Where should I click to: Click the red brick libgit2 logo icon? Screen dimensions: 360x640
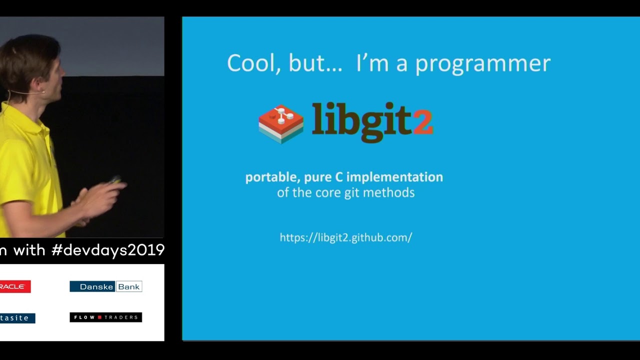[x=281, y=123]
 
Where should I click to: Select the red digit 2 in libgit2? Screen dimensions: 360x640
[x=423, y=122]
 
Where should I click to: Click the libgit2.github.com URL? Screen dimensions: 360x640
[x=346, y=237]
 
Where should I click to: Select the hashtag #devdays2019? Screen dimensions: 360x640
[x=108, y=250]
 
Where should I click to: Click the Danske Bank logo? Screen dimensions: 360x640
[x=105, y=286]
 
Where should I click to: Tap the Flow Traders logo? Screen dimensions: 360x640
[x=105, y=317]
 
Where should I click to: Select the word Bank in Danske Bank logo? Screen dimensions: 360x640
[x=128, y=286]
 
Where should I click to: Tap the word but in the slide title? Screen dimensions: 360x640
[x=305, y=63]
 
